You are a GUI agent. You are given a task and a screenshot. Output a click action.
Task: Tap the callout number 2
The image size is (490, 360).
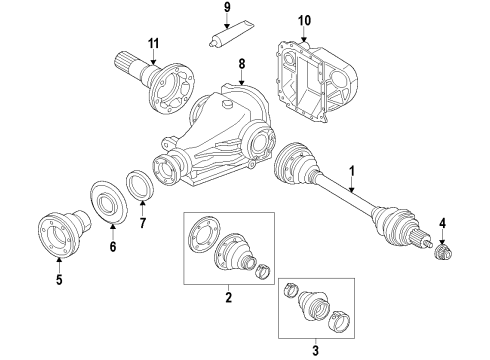pyautogui.click(x=229, y=297)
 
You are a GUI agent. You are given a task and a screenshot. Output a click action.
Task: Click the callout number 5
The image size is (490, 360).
pyautogui.click(x=59, y=279)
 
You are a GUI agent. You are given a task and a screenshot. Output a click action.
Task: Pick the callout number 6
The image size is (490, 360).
pyautogui.click(x=112, y=245)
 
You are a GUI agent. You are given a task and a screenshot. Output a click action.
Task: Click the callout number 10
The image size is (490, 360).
pyautogui.click(x=304, y=19)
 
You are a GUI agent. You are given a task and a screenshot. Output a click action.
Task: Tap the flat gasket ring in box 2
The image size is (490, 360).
pyautogui.click(x=204, y=241)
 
